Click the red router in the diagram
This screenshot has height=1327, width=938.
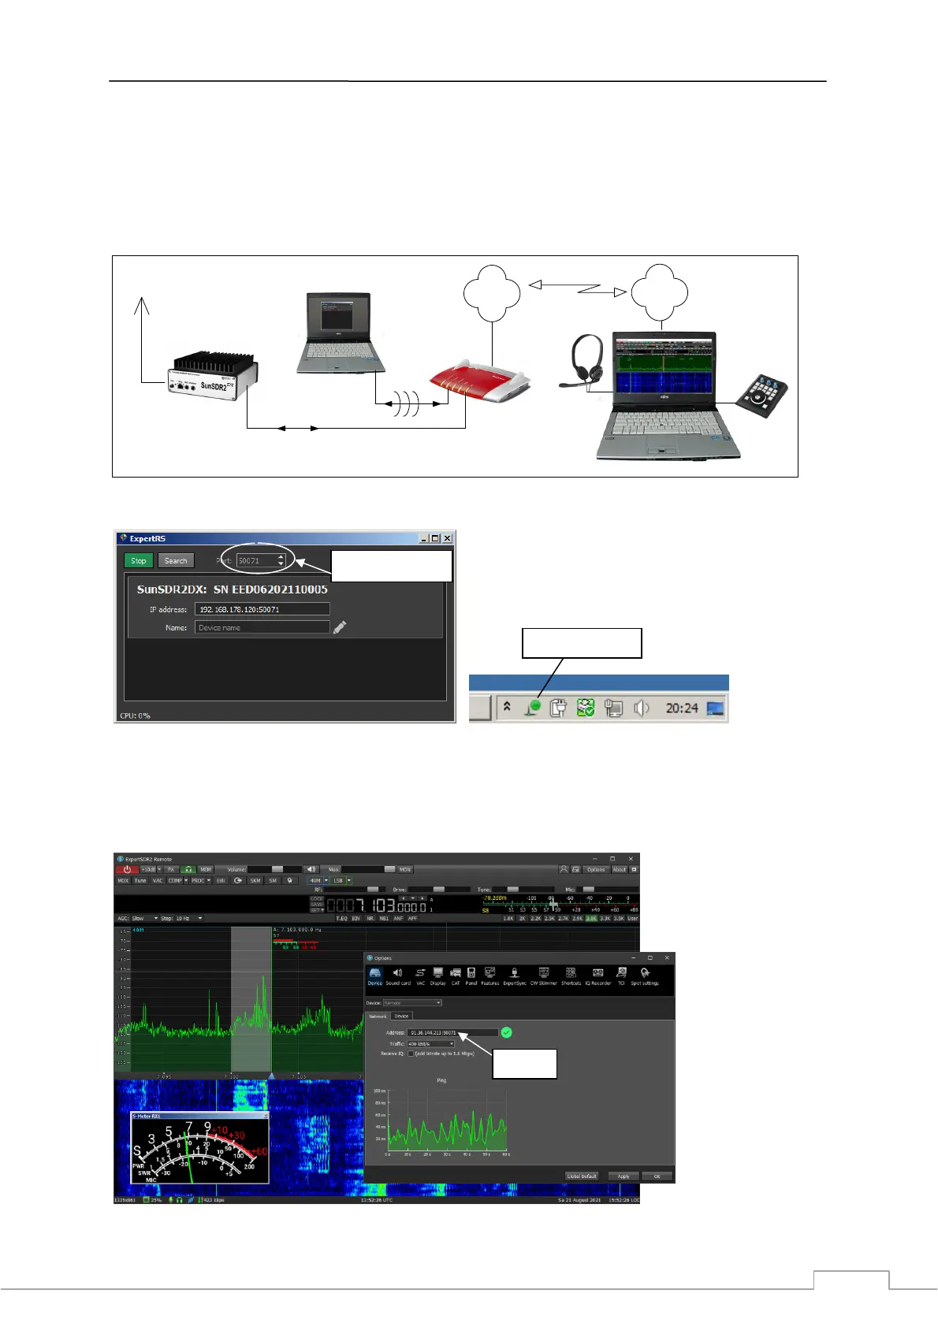click(x=480, y=381)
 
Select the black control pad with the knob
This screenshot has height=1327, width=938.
click(x=761, y=391)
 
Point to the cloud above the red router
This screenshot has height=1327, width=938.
click(x=492, y=293)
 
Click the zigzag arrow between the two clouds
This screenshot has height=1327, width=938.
click(x=577, y=288)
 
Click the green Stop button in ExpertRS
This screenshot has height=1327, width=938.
click(x=138, y=561)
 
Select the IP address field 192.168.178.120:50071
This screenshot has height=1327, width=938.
click(x=262, y=609)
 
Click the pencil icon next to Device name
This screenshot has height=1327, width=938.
click(x=340, y=627)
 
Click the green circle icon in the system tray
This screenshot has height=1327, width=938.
click(x=535, y=708)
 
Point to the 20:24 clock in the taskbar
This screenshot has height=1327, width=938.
click(x=681, y=708)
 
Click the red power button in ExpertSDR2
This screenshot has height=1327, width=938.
click(x=126, y=870)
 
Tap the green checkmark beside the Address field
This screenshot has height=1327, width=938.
click(x=506, y=1032)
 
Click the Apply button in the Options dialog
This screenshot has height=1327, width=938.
click(x=623, y=1176)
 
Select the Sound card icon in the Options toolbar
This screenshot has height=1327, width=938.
click(x=397, y=976)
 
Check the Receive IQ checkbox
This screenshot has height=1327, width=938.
click(x=410, y=1054)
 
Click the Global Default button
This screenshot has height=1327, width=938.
click(x=582, y=1176)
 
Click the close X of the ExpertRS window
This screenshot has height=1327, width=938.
click(x=447, y=538)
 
